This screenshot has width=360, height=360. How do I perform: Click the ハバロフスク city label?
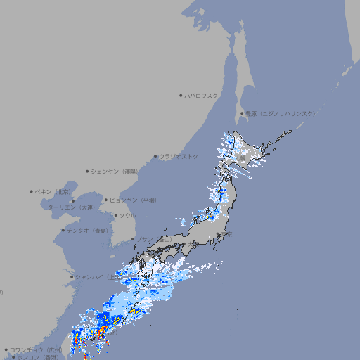(x=201, y=96)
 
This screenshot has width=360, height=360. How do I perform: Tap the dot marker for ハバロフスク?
(x=181, y=96)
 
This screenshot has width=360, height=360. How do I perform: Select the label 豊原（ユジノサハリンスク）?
(x=280, y=113)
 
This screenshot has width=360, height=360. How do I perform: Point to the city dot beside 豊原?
(x=242, y=113)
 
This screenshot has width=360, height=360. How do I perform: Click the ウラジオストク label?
(x=179, y=156)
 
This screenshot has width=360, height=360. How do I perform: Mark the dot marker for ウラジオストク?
(x=155, y=156)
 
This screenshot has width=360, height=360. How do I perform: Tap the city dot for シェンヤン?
(x=88, y=171)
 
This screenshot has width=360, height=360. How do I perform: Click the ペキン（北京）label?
(x=53, y=191)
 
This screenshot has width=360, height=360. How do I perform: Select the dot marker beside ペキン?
(x=32, y=191)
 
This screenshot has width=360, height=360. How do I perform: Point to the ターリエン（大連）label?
(x=70, y=207)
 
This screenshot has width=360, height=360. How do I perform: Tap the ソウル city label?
(x=127, y=215)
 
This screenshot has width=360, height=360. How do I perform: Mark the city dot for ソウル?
(x=115, y=215)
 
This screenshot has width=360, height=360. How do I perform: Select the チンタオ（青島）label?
(x=88, y=230)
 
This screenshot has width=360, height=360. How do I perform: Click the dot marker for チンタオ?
(x=63, y=230)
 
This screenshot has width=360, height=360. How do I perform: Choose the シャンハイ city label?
(x=94, y=276)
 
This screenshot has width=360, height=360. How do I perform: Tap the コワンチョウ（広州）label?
(x=35, y=349)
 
